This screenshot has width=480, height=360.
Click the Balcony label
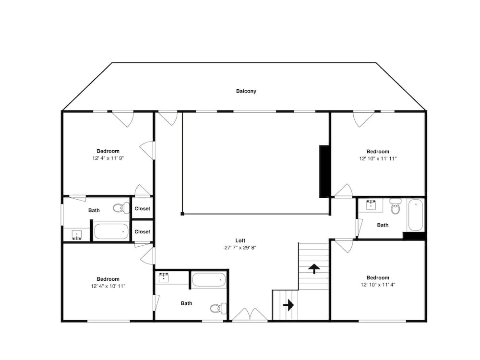point(246,91)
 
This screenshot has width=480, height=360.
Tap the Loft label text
point(240,240)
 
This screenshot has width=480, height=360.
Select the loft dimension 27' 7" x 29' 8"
point(240,248)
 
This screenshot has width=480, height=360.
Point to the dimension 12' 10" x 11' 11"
point(378,158)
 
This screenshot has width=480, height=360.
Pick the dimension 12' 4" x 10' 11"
point(108,286)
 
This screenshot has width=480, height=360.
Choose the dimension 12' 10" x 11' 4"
point(378,284)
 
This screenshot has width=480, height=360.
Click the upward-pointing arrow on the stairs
point(314,268)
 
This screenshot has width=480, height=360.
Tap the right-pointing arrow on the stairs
point(288,305)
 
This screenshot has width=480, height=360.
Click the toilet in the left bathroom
point(120,208)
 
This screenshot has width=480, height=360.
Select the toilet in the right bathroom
point(395,208)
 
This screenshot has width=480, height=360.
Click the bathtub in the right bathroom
point(415,215)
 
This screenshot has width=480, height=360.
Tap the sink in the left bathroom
point(77,235)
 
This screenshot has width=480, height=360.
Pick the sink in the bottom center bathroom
point(165,277)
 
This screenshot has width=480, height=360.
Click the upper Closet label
point(142,209)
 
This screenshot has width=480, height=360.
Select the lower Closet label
point(142,231)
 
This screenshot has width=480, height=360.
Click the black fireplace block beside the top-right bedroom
point(324,171)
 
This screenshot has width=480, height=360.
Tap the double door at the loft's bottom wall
point(250,315)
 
